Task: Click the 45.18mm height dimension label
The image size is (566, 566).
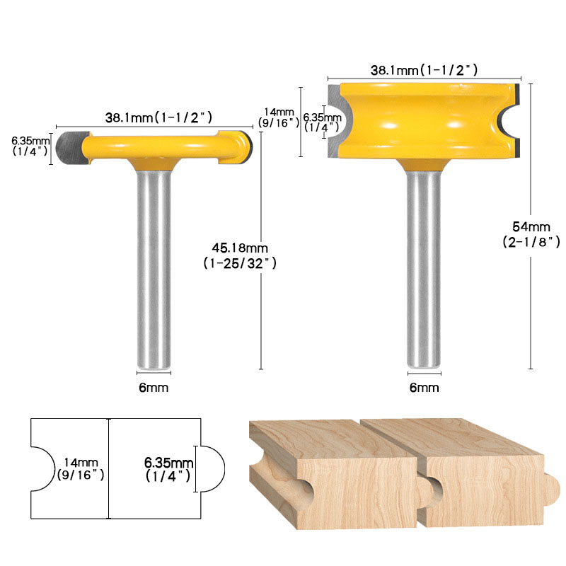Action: pos(240,255)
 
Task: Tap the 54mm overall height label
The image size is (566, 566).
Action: pos(531,234)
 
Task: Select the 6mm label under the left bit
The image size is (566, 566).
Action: pos(154,388)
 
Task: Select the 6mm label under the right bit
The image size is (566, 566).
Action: pos(424,388)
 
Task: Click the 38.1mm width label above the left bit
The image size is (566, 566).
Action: pos(158,117)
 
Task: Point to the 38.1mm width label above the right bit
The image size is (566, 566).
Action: pos(424,69)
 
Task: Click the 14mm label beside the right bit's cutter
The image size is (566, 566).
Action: pos(279,117)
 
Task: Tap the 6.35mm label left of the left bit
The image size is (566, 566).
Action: pos(30,146)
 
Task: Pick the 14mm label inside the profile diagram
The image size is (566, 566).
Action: pos(81,468)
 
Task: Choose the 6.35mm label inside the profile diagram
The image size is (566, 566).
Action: pos(168,469)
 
